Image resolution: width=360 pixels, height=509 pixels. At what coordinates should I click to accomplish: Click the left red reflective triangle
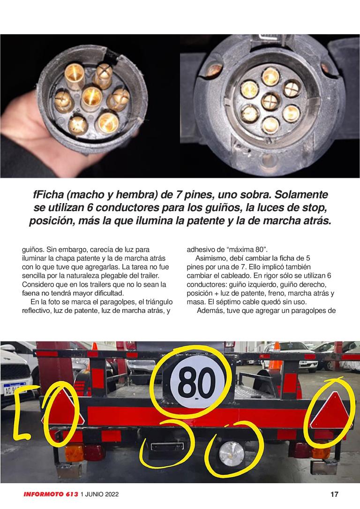pos(61,410)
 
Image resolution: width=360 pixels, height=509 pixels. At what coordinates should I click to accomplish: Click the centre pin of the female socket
pos(271,102)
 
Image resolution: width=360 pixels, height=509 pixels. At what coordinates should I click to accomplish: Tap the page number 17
pos(334,494)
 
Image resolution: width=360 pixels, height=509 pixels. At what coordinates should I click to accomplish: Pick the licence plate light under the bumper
pos(167,446)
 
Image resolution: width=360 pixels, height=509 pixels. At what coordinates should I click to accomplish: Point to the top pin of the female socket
pos(270,76)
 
